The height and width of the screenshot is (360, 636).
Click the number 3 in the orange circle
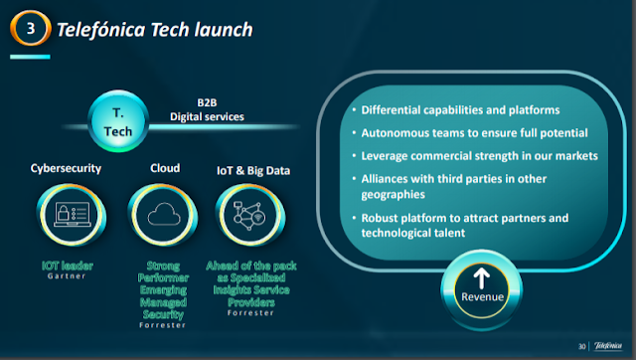tap(31, 28)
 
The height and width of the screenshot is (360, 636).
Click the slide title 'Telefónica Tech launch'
tap(155, 30)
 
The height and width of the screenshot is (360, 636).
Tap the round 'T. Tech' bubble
tap(118, 121)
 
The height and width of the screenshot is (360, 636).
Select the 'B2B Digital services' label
tap(207, 109)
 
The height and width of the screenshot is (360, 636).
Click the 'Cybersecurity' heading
tap(66, 168)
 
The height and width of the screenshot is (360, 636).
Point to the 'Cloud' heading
tap(165, 168)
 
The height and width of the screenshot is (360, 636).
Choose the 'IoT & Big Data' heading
tap(253, 170)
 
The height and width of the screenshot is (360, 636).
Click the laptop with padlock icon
tap(73, 214)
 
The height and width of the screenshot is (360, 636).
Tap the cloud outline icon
tap(164, 214)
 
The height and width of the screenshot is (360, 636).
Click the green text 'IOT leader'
tap(68, 266)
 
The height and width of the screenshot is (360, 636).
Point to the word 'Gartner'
tap(67, 276)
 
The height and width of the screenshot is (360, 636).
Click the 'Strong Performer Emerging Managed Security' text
tap(163, 289)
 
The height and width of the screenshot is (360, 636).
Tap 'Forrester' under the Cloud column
tap(163, 325)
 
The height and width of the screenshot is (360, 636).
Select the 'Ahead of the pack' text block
tap(251, 283)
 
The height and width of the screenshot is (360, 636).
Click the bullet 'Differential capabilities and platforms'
tap(460, 110)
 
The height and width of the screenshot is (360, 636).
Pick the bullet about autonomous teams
tap(474, 133)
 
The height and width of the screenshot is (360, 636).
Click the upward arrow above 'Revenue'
tap(481, 278)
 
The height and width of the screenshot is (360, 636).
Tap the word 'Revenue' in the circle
tap(482, 297)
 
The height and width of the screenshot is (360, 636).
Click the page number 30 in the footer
tap(582, 346)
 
